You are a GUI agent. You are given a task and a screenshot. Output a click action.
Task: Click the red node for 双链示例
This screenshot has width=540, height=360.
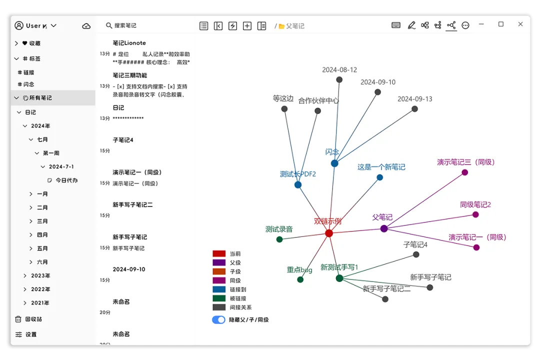329,233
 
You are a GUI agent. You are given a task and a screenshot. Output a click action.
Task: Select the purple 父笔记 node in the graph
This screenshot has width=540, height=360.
384,228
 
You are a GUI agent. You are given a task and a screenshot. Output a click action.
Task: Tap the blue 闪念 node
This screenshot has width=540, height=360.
334,163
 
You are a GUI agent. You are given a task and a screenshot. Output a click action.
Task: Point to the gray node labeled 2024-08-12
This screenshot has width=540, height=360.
339,79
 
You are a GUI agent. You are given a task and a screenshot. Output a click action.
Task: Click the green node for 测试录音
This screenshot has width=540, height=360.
279,239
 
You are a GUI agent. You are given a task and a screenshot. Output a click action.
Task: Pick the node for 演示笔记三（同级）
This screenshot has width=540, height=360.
465,172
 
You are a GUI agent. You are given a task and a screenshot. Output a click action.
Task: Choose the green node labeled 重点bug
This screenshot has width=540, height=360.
300,279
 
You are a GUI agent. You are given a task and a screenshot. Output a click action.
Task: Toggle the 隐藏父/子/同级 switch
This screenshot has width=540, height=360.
218,320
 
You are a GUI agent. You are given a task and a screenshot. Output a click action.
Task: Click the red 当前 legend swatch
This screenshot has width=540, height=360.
219,254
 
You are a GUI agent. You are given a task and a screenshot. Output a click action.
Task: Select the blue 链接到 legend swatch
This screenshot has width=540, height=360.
219,289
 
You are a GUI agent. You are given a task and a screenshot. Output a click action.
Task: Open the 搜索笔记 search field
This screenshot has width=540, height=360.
130,25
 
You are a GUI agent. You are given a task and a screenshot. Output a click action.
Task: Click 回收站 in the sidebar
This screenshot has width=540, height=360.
33,319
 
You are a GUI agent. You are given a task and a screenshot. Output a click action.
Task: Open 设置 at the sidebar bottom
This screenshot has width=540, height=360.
31,334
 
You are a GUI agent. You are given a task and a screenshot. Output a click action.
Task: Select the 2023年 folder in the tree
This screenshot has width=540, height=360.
40,275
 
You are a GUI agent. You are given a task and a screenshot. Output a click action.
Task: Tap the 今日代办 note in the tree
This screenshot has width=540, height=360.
65,180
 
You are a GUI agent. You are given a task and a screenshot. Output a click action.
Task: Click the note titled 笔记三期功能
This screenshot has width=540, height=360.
130,75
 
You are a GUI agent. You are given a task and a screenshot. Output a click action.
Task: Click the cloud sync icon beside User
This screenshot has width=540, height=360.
86,26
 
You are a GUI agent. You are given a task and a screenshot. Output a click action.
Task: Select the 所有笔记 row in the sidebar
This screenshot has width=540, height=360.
40,98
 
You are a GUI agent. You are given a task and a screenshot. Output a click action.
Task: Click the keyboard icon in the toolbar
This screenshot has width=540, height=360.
396,25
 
